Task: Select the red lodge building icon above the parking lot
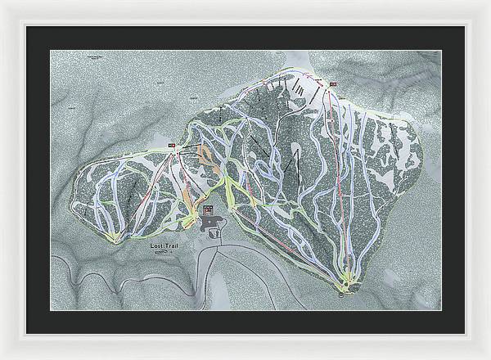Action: (x=207, y=209)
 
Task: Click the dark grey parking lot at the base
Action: (x=214, y=224)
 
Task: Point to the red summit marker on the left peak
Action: (x=172, y=146)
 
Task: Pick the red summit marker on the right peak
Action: (x=334, y=83)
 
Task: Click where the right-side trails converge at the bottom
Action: (x=347, y=282)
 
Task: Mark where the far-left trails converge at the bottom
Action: (x=117, y=238)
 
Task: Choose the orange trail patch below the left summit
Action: (x=203, y=153)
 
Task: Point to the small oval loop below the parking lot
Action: (x=216, y=235)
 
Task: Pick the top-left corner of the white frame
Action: (x=2, y=2)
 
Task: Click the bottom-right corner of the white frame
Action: (x=488, y=357)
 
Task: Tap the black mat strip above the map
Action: (x=245, y=37)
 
